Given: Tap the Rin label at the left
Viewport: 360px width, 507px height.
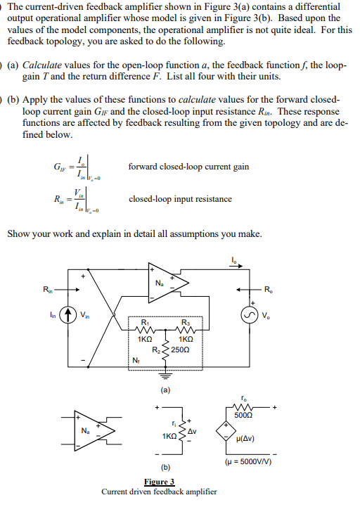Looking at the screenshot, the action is [47, 289].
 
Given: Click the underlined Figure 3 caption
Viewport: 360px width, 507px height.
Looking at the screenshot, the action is [159, 482].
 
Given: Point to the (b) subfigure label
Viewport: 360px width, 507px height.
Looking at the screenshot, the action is [165, 466].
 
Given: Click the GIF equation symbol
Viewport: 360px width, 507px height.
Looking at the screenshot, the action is [60, 167].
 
